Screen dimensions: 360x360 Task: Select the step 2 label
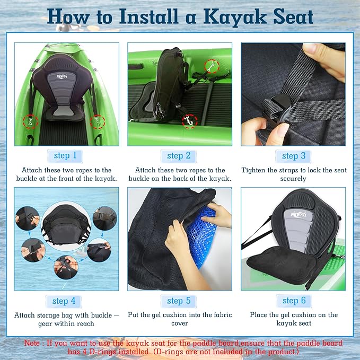point(179,155)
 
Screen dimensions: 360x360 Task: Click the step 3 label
point(293,155)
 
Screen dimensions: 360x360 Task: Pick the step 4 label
point(64,301)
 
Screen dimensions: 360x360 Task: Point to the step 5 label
point(179,301)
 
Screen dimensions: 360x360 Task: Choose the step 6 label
point(294,301)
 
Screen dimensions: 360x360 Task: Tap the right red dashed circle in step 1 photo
point(98,121)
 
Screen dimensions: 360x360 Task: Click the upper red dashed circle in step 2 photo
point(212,66)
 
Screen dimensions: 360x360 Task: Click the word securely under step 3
point(293,179)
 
